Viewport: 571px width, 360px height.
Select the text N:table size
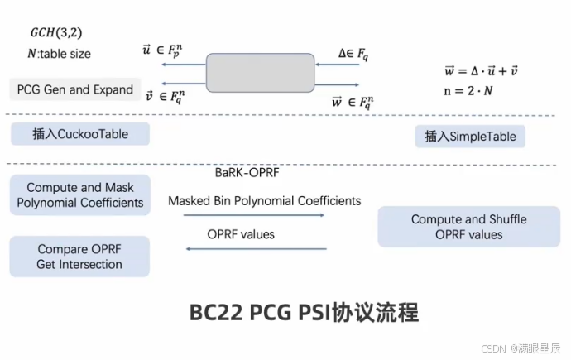59,54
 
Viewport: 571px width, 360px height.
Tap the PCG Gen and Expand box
75,89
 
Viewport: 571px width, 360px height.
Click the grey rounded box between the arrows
262,72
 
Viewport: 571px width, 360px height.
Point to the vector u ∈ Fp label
162,52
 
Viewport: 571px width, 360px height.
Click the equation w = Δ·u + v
482,71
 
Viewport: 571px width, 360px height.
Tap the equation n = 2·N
469,90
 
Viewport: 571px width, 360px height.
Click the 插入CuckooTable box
80,134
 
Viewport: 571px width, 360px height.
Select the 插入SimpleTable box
470,137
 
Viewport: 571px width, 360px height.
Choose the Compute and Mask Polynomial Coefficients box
80,195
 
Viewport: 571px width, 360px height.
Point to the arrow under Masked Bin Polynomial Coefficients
253,216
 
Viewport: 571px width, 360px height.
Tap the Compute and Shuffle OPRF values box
468,227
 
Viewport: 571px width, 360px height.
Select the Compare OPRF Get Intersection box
79,257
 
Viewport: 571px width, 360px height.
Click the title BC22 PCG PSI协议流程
304,313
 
